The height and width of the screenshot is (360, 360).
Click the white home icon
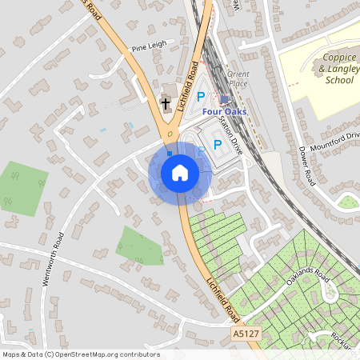(x=179, y=173)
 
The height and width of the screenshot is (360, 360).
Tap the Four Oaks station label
(x=224, y=111)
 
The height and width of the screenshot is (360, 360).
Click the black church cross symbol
(x=166, y=103)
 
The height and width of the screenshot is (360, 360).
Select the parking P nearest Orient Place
(x=201, y=96)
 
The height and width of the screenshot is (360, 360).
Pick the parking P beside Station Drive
(x=217, y=145)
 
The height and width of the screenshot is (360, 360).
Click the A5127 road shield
(x=246, y=332)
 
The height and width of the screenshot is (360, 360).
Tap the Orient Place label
(x=238, y=78)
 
